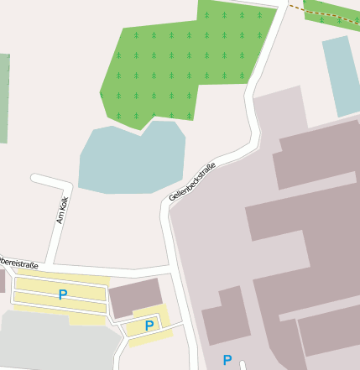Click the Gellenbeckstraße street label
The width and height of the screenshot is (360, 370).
(x=192, y=180)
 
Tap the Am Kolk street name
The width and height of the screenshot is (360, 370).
(x=60, y=211)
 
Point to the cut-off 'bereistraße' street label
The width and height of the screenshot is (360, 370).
(x=18, y=263)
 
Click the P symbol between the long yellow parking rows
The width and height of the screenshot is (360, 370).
(x=63, y=294)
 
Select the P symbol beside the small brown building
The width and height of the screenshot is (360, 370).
(x=149, y=326)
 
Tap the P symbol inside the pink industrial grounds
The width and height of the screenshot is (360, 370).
(x=227, y=360)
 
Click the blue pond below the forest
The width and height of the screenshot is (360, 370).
(x=131, y=159)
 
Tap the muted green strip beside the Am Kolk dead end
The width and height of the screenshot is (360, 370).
(x=4, y=96)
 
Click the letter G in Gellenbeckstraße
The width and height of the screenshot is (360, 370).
(x=172, y=198)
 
